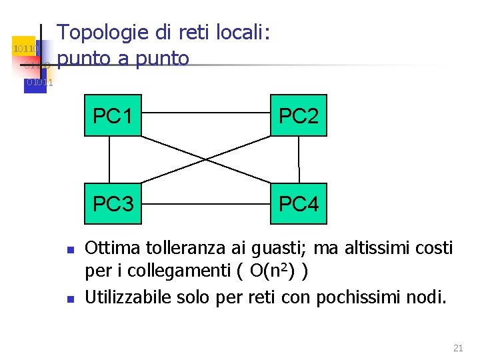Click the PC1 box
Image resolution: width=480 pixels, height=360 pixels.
click(x=113, y=116)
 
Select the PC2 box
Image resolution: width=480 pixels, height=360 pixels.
click(x=298, y=116)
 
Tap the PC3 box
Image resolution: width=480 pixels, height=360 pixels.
click(x=113, y=203)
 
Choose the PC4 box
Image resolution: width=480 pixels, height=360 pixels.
click(x=298, y=203)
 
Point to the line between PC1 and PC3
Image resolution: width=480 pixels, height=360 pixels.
click(x=109, y=159)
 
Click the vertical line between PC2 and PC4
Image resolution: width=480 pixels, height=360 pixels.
click(x=299, y=159)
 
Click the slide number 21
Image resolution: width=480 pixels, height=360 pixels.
click(x=457, y=347)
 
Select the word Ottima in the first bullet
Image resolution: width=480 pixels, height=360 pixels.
click(x=112, y=249)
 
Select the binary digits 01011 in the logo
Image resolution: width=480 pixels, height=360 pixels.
click(x=39, y=83)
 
